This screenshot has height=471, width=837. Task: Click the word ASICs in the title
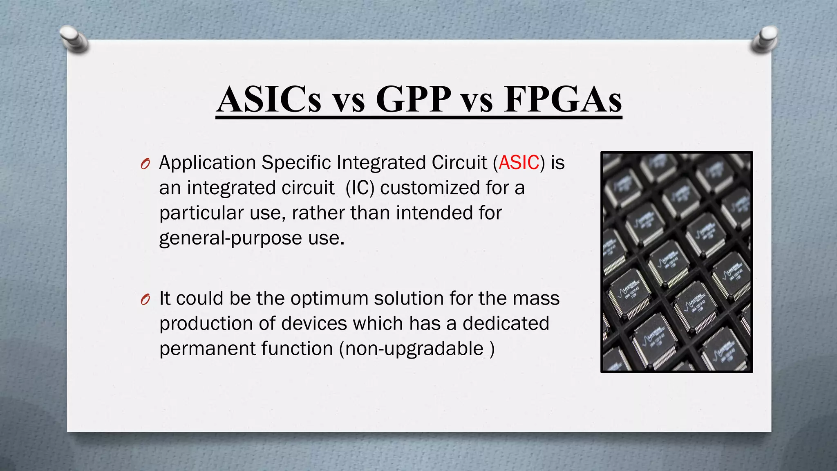269,100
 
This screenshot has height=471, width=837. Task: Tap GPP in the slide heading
413,100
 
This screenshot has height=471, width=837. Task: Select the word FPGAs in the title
563,100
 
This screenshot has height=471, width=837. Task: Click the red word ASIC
519,163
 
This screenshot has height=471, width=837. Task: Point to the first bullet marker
145,164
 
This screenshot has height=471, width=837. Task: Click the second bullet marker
145,300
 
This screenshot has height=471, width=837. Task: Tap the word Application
207,163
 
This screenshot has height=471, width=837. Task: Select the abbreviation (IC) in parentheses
360,188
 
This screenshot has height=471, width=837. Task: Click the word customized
430,188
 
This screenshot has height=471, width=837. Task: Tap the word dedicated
506,323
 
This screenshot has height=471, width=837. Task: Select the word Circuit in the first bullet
459,163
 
